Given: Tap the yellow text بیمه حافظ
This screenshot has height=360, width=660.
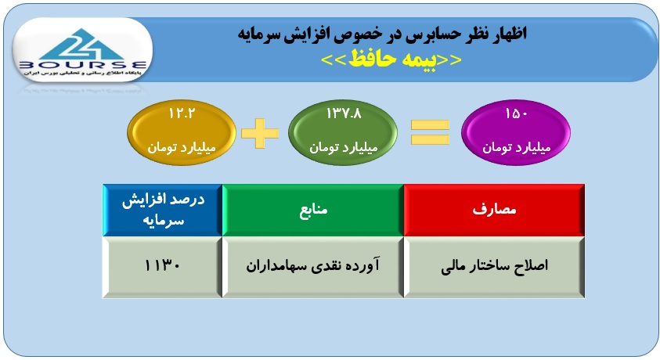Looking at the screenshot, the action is pos(391,59).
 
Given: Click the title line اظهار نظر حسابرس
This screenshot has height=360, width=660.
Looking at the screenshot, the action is pos(382,34).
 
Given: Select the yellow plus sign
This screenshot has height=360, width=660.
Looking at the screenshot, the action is pos(260,133).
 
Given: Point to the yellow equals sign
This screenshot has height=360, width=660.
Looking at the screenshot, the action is pos(430,132).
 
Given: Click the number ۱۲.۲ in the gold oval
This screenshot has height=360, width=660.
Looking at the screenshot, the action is pos(182,113).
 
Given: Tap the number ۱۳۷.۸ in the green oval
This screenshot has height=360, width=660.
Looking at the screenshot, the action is pos(344,113).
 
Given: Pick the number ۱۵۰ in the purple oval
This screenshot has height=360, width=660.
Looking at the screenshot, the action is pos(516,113).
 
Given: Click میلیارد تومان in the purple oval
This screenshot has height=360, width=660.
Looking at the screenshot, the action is pos(517,148).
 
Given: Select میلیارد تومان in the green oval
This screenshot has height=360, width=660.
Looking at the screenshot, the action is pos(344,148).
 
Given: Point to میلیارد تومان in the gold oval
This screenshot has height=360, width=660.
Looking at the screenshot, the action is pos(182,148).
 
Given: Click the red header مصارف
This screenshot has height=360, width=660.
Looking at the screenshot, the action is pos(494,210).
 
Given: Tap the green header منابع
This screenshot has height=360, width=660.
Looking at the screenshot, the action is pos(313,210).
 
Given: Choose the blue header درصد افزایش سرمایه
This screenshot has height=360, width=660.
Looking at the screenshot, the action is pos(163,210).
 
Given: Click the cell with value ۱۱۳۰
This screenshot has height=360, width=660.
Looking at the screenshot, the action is pos(163,267).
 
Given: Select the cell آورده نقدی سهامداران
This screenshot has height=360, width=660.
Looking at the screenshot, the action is pos(313,267).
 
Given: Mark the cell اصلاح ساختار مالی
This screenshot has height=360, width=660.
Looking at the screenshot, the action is pos(494,267).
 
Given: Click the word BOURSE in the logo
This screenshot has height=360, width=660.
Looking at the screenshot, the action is pos(83,65).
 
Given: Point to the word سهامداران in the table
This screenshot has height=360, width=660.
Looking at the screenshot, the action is pos(276,266).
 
